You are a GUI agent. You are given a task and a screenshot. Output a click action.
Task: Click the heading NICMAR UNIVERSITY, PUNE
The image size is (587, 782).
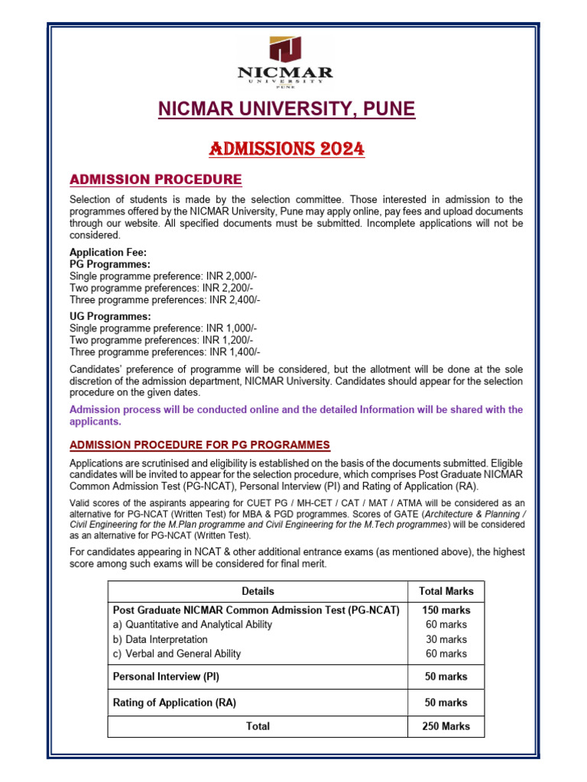click(x=287, y=110)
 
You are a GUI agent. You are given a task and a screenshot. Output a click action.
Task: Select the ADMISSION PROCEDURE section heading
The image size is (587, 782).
click(x=155, y=180)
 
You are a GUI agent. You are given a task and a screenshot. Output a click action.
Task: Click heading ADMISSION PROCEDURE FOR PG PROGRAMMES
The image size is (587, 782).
click(x=199, y=444)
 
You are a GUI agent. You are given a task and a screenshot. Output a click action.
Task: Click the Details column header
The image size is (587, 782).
click(x=258, y=591)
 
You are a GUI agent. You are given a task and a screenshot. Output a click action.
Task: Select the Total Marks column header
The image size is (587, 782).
click(x=446, y=591)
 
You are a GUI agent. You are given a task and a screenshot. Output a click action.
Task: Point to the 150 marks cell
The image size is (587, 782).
click(x=446, y=611)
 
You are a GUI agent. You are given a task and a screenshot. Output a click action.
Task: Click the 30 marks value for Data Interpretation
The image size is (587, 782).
click(x=446, y=639)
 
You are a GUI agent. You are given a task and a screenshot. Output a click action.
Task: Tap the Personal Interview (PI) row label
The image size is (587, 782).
click(x=167, y=677)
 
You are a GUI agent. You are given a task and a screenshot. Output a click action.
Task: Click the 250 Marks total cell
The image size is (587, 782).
click(x=446, y=726)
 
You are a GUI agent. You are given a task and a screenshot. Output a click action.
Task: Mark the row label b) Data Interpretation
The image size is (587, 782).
click(x=160, y=639)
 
